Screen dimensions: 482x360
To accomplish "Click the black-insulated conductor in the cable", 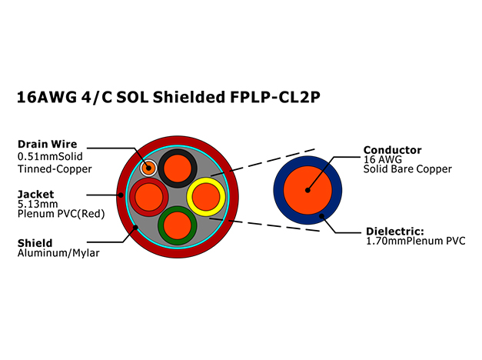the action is coord(178,168).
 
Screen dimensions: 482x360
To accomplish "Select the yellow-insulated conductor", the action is coord(206,197).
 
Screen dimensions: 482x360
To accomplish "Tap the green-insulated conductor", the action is coord(178,225).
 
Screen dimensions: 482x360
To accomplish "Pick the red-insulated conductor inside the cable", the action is coord(149,197).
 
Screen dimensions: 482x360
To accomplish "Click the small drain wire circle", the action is coord(148,168).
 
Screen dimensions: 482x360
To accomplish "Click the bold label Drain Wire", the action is coord(48,144).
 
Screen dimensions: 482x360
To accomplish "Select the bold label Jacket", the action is coord(35,194).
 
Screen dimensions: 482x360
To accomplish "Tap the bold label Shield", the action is coord(35,243).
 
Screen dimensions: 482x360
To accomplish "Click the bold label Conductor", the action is coord(393,150).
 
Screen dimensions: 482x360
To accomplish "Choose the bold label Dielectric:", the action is coord(395,231).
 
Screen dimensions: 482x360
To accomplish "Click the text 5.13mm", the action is coord(38,204).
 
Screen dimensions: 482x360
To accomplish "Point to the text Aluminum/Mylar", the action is coord(58,253).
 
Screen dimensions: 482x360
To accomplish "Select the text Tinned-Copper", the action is coord(55,169).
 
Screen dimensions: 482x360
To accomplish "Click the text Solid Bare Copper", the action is coord(407,169).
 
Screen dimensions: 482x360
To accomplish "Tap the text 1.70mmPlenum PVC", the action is coord(416,241).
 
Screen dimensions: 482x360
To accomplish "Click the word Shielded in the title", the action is coord(189,97).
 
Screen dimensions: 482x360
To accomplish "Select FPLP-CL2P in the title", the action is coord(275,97).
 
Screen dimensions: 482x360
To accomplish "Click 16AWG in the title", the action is coord(47,97).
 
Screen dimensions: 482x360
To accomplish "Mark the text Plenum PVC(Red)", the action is coord(61,214).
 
